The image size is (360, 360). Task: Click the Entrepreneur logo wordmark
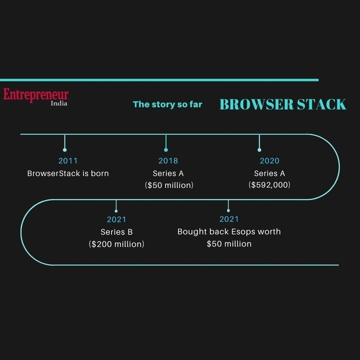(36, 94)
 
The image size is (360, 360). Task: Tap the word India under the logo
(59, 103)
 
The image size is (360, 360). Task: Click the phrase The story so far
(167, 104)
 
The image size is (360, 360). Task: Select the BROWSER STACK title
(283, 104)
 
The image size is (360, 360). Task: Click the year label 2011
(68, 161)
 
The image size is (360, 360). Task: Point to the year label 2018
(169, 161)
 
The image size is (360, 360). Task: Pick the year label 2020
(269, 161)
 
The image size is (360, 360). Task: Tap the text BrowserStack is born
(68, 173)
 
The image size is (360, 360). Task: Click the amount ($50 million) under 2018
(169, 185)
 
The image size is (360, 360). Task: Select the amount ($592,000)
(269, 185)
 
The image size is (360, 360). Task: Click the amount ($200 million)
(117, 244)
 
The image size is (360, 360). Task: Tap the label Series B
(117, 232)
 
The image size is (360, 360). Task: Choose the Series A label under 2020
(269, 173)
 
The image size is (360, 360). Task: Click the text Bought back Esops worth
(229, 231)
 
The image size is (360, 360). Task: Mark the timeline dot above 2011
(65, 150)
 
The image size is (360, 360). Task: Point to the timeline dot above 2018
(166, 150)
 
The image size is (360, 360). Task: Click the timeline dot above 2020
(259, 150)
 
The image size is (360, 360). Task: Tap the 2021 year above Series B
(116, 220)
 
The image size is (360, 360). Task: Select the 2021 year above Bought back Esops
(229, 219)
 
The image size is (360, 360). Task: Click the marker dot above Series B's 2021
(116, 211)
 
